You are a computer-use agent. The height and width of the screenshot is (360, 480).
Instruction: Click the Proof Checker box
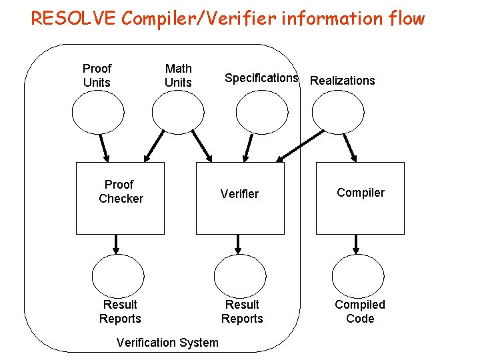120,198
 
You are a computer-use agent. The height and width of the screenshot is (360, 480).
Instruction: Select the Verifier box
240,198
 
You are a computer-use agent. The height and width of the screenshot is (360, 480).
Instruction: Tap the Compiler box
360,198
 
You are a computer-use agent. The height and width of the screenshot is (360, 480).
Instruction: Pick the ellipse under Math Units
178,111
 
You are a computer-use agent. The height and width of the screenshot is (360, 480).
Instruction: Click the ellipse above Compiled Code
359,275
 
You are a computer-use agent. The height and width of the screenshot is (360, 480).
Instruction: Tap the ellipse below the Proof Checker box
118,275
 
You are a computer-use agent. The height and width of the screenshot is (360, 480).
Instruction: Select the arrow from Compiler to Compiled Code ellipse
356,244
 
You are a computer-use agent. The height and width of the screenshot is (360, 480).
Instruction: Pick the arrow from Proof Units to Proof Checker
104,147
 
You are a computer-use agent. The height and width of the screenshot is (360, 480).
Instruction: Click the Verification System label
167,343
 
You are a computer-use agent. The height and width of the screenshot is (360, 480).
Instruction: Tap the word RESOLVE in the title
70,18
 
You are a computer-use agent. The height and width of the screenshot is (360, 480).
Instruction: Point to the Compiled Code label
360,311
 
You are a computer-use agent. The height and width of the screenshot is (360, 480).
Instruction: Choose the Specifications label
261,78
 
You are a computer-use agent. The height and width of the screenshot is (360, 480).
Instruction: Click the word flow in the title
404,18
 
